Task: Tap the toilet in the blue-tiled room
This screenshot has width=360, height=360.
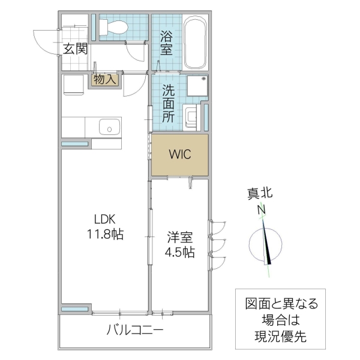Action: [x=113, y=26]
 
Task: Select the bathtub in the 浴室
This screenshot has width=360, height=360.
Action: [x=195, y=43]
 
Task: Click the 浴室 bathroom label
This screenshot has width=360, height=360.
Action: [x=166, y=43]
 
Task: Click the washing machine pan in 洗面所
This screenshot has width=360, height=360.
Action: [x=197, y=87]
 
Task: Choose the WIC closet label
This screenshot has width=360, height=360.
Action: [x=179, y=154]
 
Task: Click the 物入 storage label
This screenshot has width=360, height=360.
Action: [x=106, y=79]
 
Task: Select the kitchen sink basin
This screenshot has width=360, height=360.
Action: [x=109, y=127]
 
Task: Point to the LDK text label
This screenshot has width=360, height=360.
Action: [x=103, y=218]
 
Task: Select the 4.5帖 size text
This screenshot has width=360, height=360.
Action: [x=179, y=252]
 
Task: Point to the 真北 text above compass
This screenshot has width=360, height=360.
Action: [x=260, y=194]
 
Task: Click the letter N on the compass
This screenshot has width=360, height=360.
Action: [x=262, y=210]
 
